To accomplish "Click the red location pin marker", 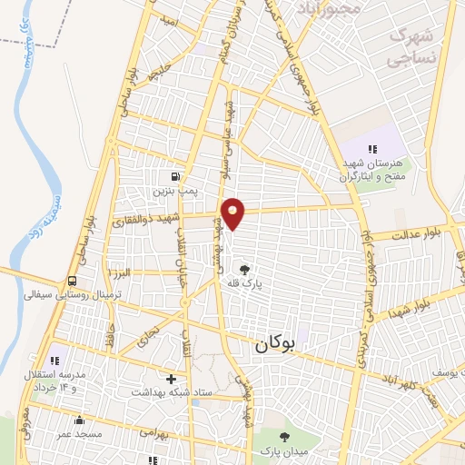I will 232,213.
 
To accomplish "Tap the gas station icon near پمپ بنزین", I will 174,175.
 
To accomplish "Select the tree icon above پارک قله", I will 243,269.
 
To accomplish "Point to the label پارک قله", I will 243,283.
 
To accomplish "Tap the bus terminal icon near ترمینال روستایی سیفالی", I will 72,280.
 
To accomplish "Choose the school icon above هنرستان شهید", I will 371,148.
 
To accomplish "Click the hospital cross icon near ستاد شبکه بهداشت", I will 172,377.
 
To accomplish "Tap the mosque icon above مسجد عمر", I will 80,420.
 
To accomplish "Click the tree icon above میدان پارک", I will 284,437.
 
